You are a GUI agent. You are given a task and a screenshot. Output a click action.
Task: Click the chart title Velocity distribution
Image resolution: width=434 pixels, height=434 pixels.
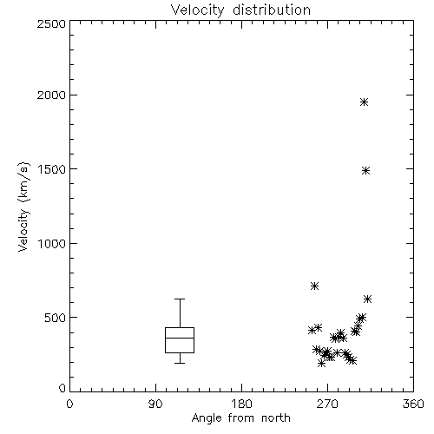pos(240,10)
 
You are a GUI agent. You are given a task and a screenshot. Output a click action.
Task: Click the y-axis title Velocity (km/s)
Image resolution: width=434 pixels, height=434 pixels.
pos(23,207)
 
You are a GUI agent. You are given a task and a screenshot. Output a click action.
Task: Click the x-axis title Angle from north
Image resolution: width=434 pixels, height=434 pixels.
pos(240,418)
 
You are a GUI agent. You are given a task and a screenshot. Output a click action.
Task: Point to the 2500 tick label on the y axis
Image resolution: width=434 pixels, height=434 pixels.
pos(51,23)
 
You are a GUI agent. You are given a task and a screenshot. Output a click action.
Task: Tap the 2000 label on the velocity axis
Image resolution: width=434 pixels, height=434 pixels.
pos(51,95)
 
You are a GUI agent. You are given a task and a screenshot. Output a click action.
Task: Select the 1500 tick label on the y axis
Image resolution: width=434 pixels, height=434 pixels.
pos(52,169)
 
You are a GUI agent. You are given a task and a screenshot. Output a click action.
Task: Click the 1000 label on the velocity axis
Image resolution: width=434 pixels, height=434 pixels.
pos(52,243)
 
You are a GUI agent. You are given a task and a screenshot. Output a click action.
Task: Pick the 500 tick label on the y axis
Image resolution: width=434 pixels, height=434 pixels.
pos(55,318)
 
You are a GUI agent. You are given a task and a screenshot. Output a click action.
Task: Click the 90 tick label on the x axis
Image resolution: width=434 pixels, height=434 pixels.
pos(155,404)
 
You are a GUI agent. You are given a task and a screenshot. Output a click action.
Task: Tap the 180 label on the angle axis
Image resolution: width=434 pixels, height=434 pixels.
pos(241,404)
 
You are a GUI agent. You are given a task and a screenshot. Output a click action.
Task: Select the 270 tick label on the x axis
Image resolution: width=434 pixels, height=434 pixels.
pos(327,404)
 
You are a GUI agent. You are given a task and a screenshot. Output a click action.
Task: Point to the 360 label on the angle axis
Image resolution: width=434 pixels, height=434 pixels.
pos(413,404)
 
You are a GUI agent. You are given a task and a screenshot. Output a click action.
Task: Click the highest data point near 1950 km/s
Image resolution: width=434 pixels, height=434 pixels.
pos(365,102)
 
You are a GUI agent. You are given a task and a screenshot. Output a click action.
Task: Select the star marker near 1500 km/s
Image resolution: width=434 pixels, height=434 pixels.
pos(366,171)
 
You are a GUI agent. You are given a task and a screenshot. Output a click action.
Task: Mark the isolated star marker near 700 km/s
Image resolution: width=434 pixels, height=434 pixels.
pos(314,286)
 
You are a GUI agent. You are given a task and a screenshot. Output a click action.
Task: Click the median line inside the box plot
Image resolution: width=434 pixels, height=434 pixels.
pos(180,338)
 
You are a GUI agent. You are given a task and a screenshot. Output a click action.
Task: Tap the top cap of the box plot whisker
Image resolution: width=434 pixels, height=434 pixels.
pos(180,299)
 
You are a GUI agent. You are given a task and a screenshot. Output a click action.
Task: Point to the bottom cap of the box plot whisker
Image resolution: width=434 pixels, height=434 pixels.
pos(180,363)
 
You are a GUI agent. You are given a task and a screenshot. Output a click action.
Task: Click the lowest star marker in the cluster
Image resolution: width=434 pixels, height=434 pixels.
pos(321,363)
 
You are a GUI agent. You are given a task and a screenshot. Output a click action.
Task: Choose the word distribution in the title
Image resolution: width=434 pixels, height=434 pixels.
pos(272,10)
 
